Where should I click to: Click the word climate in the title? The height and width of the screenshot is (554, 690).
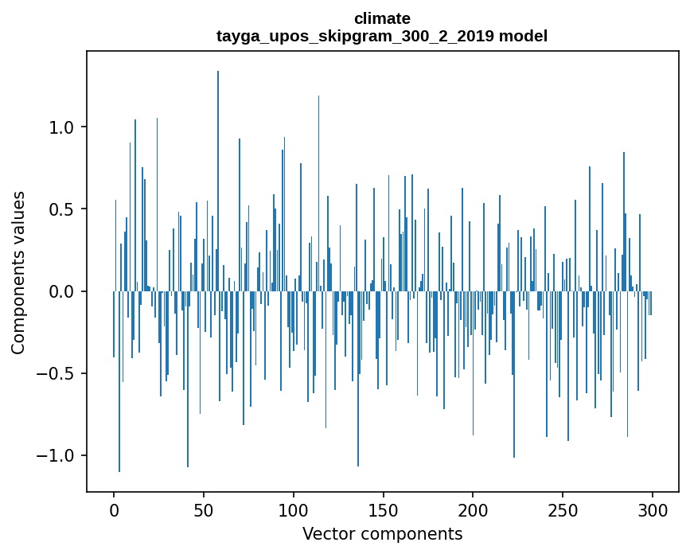(382, 18)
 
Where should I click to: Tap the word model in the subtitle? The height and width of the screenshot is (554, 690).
(523, 36)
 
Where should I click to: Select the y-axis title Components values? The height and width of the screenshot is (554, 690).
(18, 272)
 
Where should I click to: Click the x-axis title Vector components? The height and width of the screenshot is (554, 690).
(382, 533)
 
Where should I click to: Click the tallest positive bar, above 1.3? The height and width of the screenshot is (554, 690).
(218, 175)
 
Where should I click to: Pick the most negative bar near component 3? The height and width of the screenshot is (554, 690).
(119, 382)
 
